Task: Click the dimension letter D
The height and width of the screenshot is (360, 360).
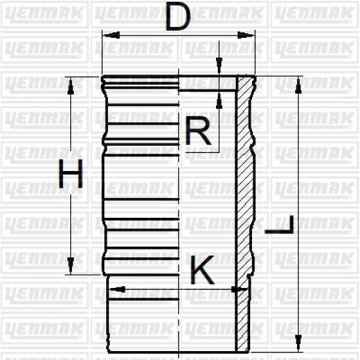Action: (x=178, y=17)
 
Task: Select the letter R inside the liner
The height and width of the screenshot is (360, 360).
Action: (x=198, y=131)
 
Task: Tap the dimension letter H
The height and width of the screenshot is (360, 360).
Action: (x=71, y=175)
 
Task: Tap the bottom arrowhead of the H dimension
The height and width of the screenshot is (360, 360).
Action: (x=71, y=266)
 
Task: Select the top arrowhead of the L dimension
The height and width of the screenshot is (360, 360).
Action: (x=298, y=85)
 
